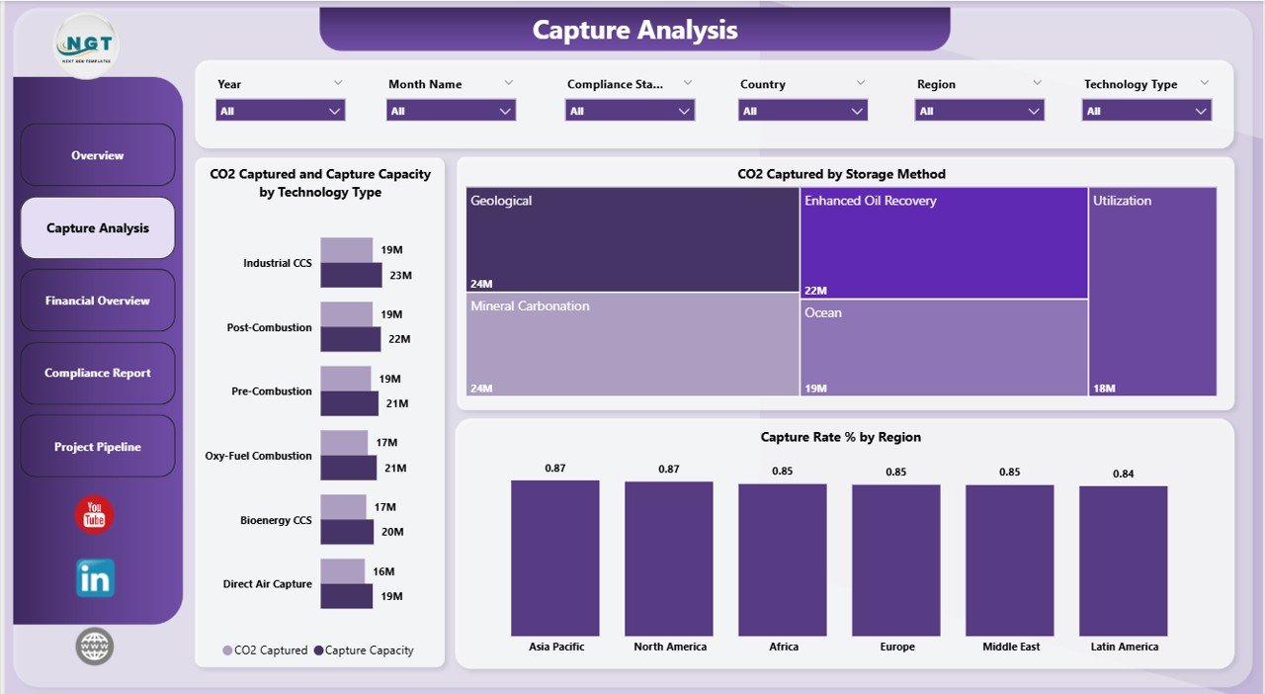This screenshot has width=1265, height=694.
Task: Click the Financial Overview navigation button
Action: tap(97, 301)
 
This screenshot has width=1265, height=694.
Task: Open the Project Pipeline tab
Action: tap(97, 447)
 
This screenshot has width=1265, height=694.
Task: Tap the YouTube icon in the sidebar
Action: tap(95, 515)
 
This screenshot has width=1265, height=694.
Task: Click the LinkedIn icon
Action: tap(95, 578)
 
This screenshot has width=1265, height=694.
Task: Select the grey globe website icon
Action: tap(95, 647)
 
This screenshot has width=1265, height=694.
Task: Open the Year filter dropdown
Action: tap(281, 111)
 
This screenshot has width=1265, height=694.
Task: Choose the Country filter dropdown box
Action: tap(802, 111)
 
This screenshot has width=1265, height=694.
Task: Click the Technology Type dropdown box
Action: tap(1146, 111)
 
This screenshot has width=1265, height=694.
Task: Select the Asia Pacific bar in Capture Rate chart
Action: tap(555, 558)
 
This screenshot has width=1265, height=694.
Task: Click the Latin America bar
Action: tap(1124, 561)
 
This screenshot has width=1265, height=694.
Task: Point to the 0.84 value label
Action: tap(1124, 474)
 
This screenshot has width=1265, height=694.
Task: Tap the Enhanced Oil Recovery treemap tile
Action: tap(944, 242)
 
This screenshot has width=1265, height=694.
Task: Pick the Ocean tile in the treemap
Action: tap(944, 347)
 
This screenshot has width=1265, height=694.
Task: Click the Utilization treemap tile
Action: tap(1152, 292)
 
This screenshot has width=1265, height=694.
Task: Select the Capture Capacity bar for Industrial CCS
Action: tap(351, 275)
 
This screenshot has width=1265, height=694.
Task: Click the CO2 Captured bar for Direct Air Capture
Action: tap(343, 571)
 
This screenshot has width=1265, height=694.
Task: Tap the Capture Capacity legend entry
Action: tap(363, 651)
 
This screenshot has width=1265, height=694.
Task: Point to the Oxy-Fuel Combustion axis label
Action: tap(258, 456)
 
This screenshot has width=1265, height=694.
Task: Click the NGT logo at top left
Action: tap(88, 45)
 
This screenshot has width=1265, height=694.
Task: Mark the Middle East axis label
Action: tap(1010, 647)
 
